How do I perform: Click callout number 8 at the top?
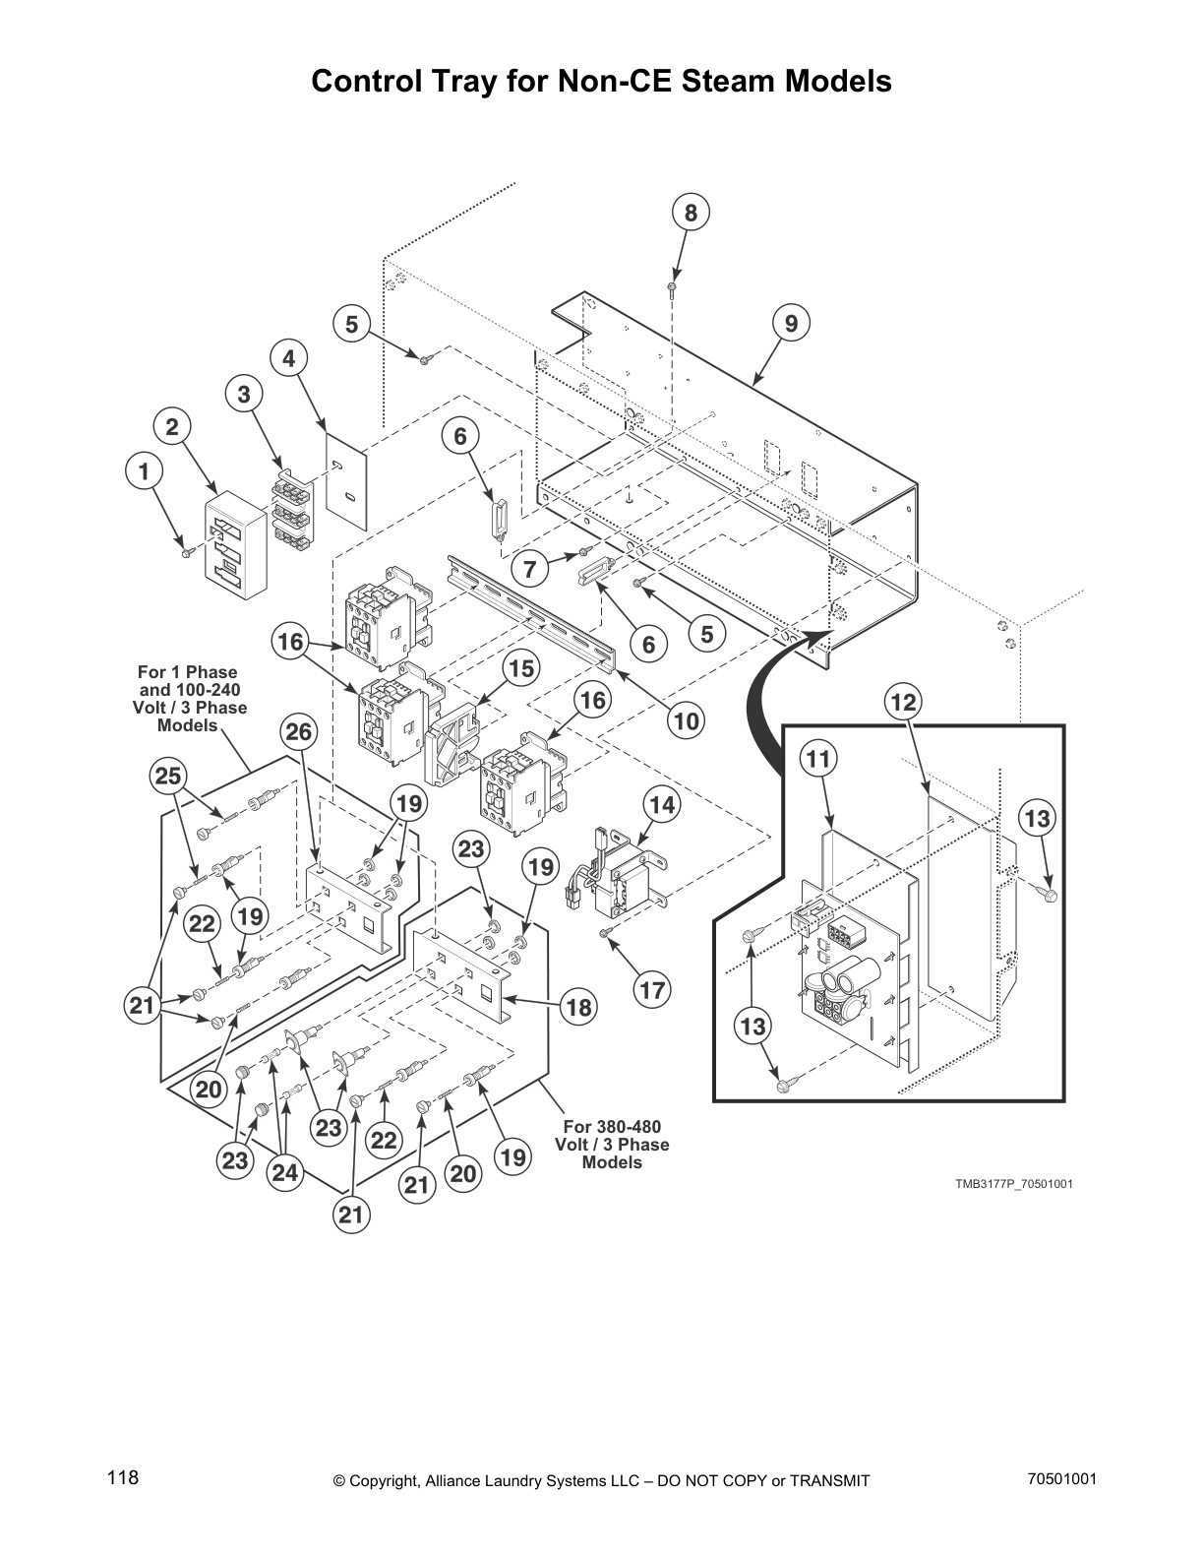(x=691, y=213)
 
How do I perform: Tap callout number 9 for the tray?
(x=791, y=323)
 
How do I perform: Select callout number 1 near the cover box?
(x=144, y=472)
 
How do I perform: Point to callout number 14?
(x=662, y=805)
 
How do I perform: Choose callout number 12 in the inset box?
(x=902, y=702)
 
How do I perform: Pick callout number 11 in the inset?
(x=818, y=759)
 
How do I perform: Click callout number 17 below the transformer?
(x=652, y=989)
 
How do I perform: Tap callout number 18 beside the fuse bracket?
(x=579, y=1007)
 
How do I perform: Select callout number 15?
(x=521, y=668)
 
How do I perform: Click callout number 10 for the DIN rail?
(x=686, y=720)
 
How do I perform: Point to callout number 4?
(x=288, y=359)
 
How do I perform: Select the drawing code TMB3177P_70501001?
(x=1013, y=1183)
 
